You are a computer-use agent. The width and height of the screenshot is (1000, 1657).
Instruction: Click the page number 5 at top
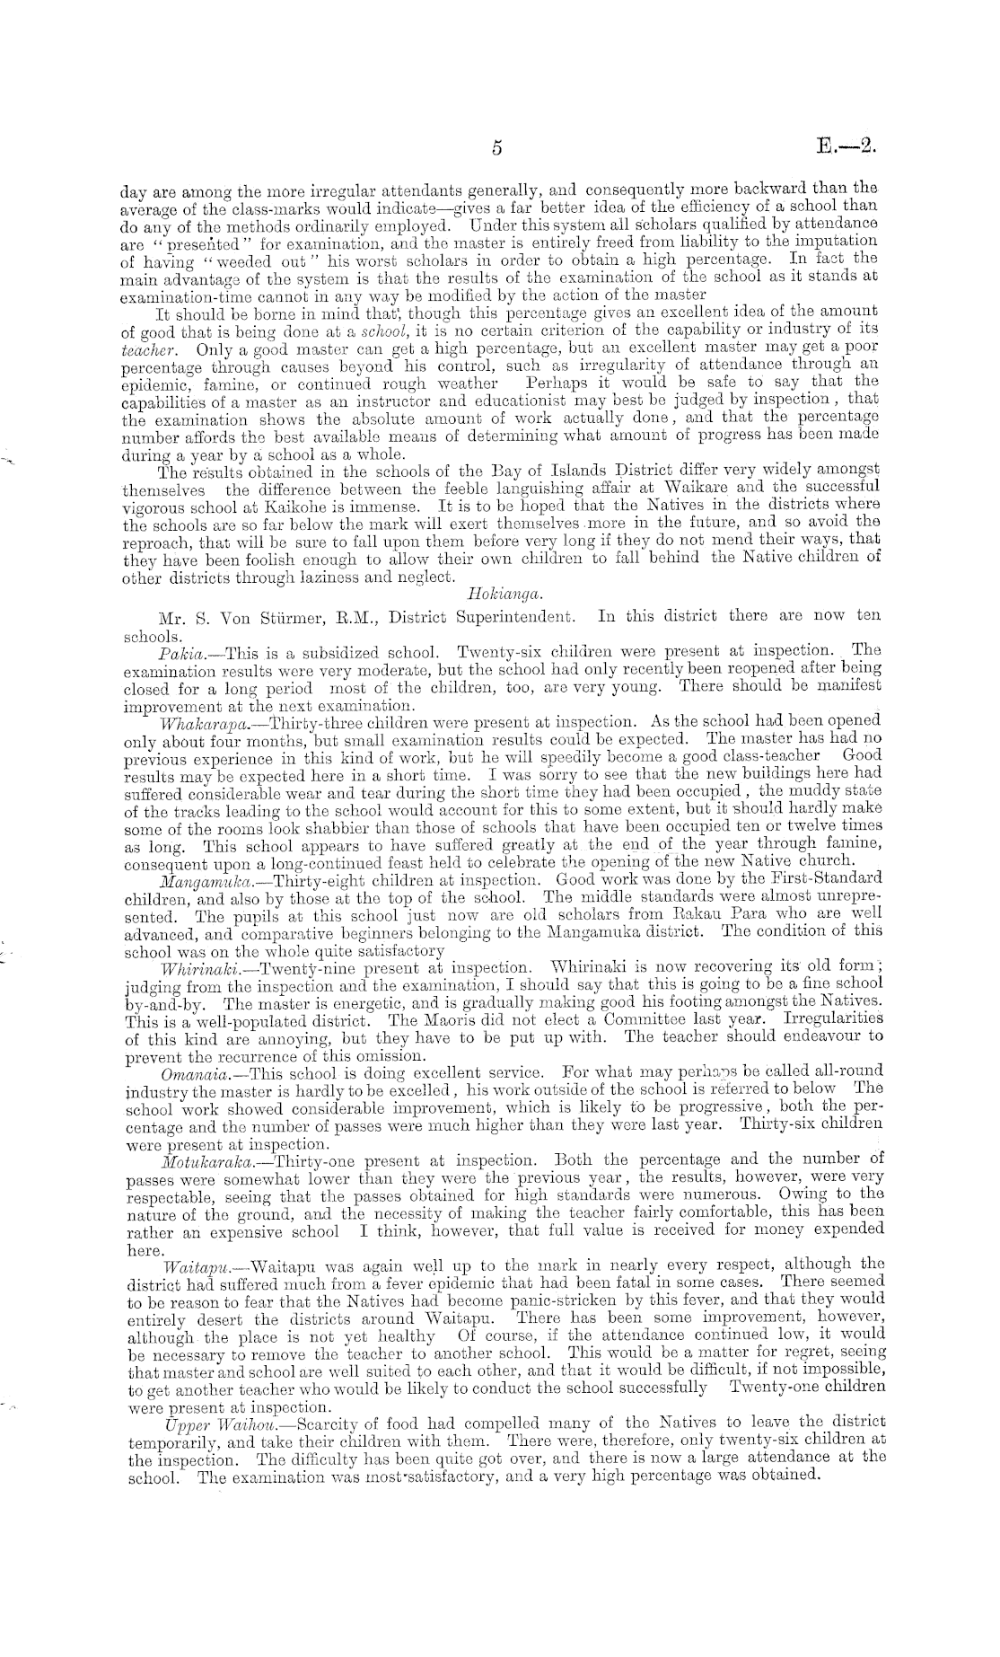click(496, 149)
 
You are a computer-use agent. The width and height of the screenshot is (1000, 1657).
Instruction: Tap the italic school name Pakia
click(178, 650)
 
